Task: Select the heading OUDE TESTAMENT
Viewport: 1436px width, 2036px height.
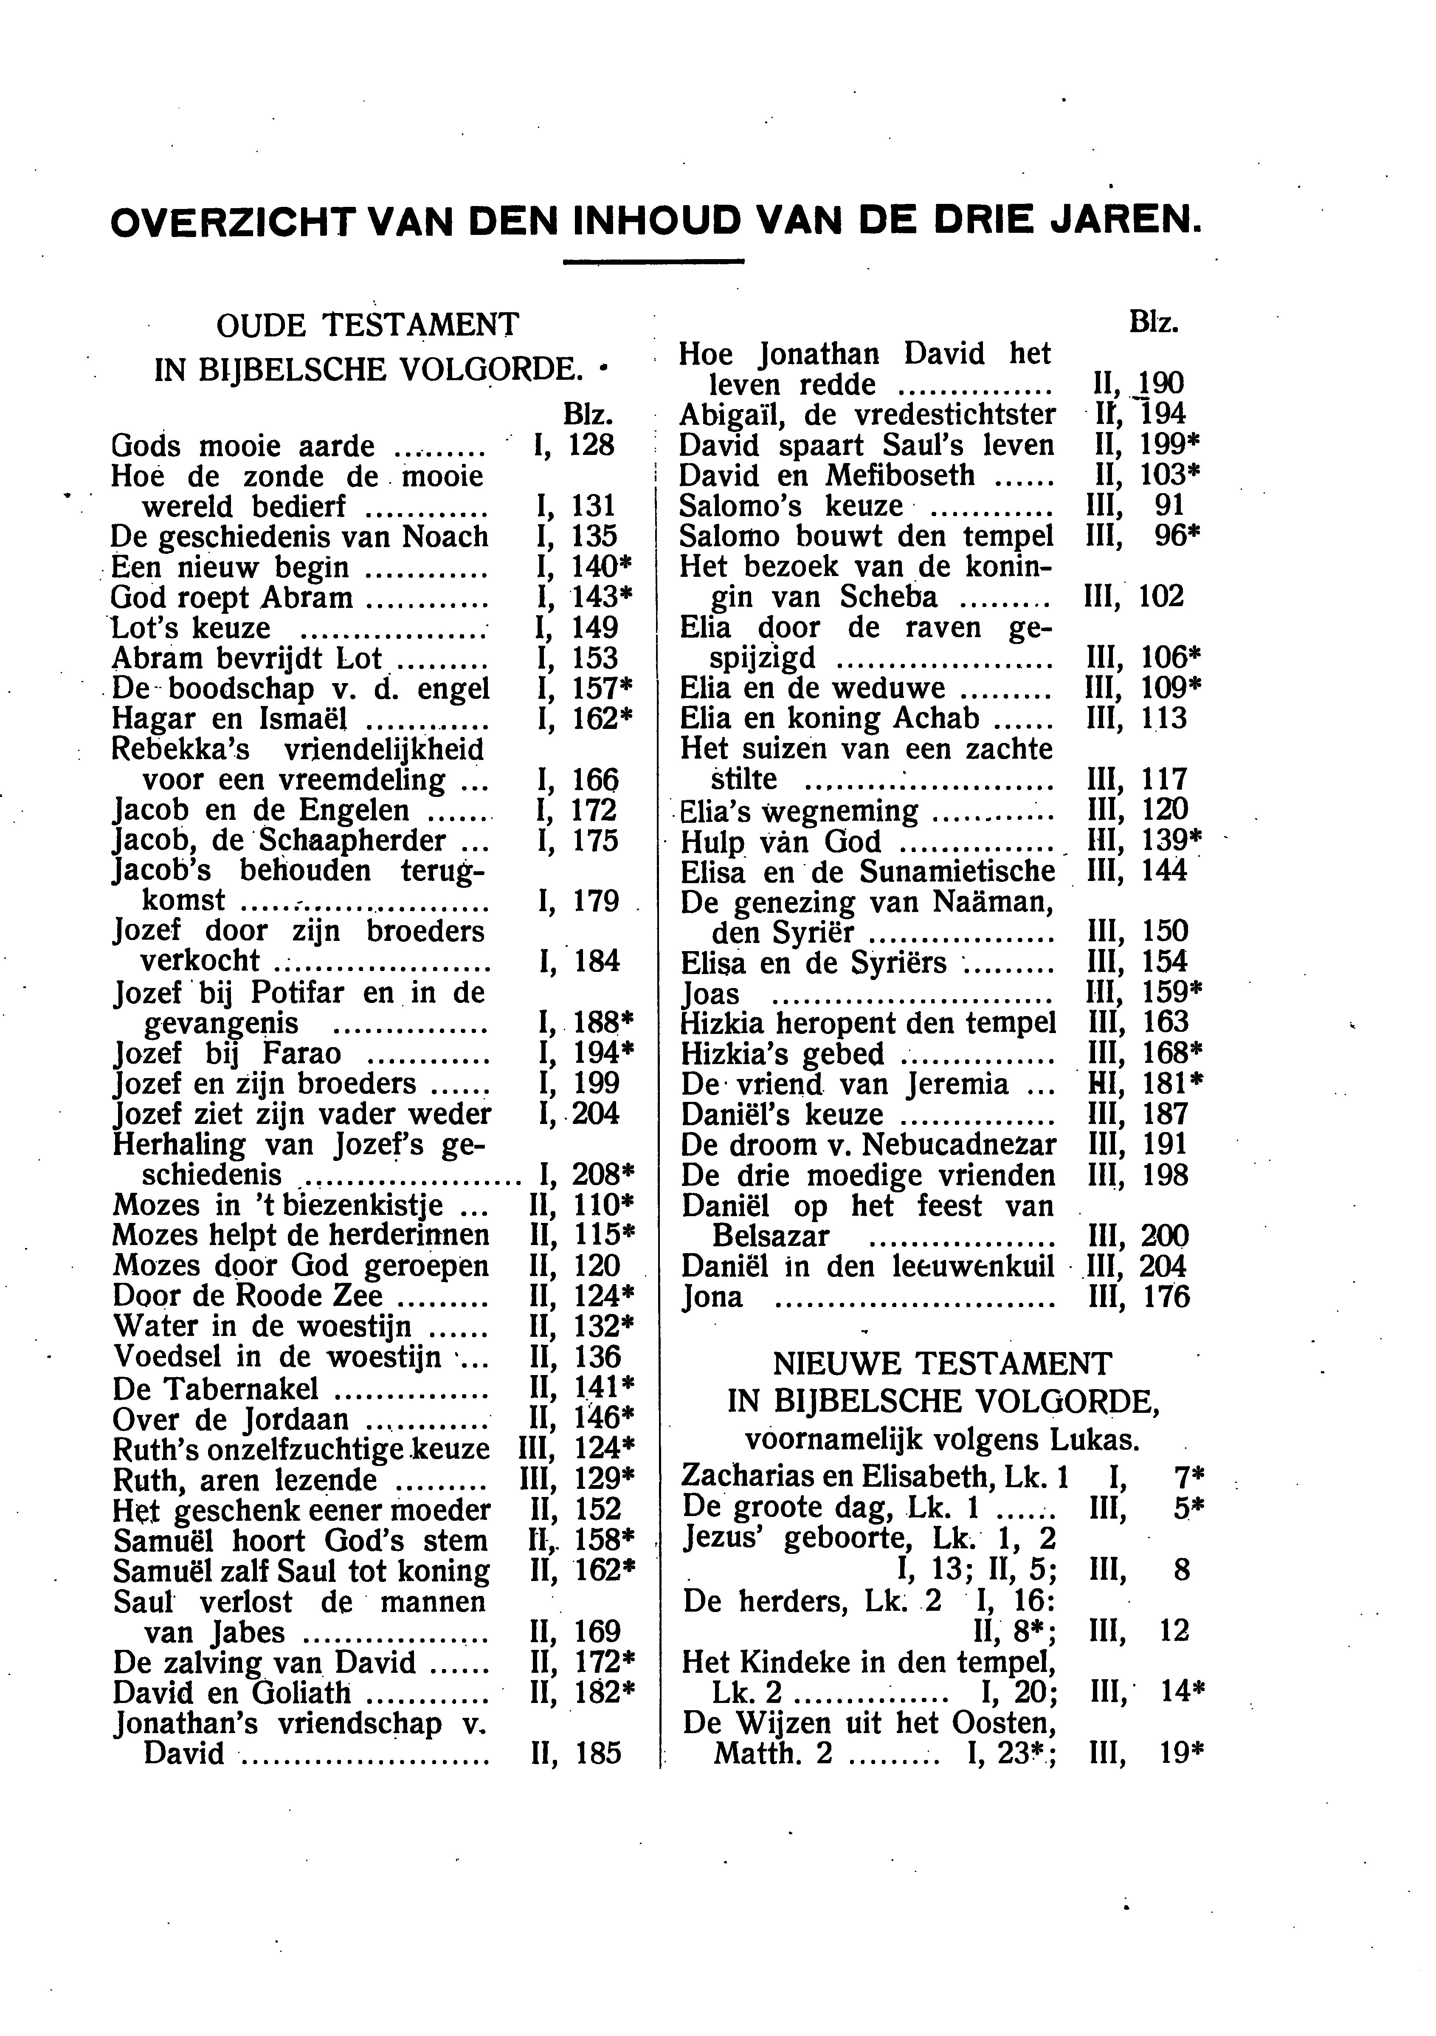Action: tap(367, 326)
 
